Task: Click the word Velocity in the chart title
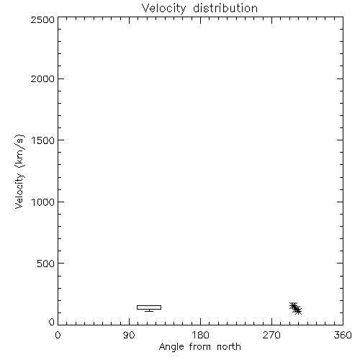pos(164,9)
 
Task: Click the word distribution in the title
pos(225,8)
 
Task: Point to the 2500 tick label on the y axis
pos(42,19)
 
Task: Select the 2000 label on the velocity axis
pos(42,78)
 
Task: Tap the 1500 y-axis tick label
pos(43,140)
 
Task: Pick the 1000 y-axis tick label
pos(43,202)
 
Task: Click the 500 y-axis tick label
pos(46,264)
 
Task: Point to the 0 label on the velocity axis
pos(52,322)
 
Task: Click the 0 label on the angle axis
pos(58,335)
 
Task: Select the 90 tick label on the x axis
pos(129,335)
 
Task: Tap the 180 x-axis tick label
pos(200,335)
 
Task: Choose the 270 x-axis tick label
pos(271,335)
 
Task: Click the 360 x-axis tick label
pos(343,335)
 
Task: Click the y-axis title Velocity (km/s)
pos(19,171)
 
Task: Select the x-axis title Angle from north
pos(200,347)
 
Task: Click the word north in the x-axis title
pos(229,346)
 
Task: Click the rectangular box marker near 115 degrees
pos(149,307)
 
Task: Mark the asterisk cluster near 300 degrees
pos(295,308)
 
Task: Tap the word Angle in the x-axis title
pos(171,347)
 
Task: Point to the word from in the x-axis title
pos(201,346)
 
